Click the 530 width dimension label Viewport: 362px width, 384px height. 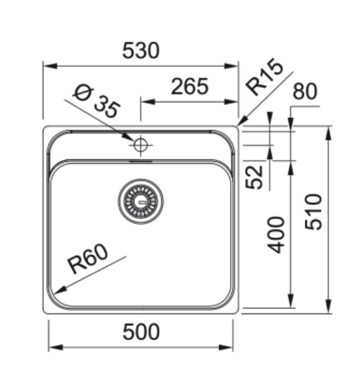click(140, 51)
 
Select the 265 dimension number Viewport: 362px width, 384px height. click(189, 86)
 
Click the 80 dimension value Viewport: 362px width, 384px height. click(304, 92)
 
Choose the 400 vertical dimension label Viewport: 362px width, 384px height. click(276, 234)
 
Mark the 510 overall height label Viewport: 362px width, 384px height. click(313, 212)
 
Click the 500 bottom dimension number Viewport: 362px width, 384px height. click(140, 332)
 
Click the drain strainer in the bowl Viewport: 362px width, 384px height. click(140, 201)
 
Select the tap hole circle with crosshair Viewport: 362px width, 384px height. click(140, 145)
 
